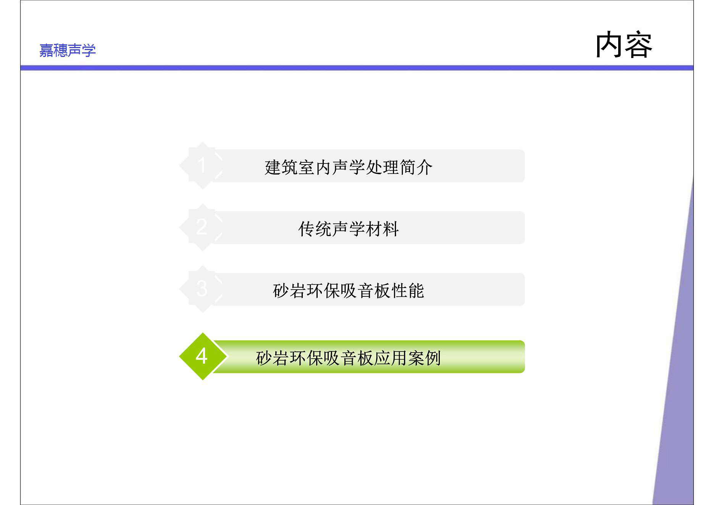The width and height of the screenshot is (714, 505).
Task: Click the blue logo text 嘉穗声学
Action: [x=68, y=50]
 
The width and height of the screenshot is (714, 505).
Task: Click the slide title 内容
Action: [x=624, y=45]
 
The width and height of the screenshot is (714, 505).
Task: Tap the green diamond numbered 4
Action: [x=202, y=356]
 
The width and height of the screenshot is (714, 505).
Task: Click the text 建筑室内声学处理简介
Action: [x=349, y=167]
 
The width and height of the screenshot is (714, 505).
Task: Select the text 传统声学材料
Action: [x=349, y=229]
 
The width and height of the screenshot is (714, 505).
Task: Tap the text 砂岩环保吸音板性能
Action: [x=349, y=291]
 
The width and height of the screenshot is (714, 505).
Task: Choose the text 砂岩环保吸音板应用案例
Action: [x=349, y=358]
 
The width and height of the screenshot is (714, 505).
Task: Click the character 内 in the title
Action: [x=609, y=45]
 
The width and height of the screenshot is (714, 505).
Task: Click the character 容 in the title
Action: [x=639, y=45]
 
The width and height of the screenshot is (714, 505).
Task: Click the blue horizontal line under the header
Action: [x=357, y=68]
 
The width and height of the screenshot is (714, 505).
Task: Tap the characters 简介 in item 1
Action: [x=416, y=167]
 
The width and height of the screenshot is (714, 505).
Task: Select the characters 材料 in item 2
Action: [x=383, y=229]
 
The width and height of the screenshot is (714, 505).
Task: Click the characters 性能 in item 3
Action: [x=408, y=291]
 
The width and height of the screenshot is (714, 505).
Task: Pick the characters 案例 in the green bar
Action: [x=425, y=358]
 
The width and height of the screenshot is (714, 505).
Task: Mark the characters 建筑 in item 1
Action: [x=281, y=167]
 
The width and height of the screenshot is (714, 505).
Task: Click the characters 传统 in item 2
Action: [x=315, y=229]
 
